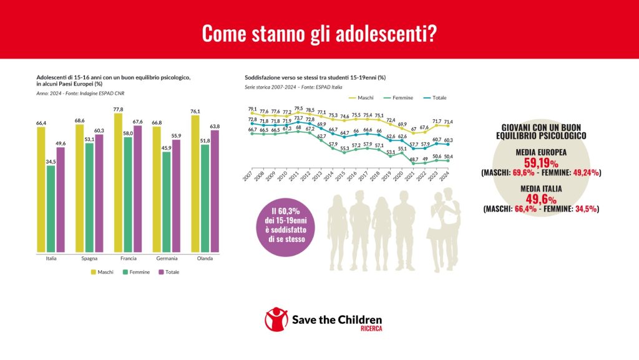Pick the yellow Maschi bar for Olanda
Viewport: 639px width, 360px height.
pyautogui.click(x=196, y=183)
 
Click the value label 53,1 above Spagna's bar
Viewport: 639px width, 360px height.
pyautogui.click(x=89, y=139)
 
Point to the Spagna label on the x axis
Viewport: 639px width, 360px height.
pyautogui.click(x=89, y=258)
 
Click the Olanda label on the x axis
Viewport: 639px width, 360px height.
pyautogui.click(x=205, y=258)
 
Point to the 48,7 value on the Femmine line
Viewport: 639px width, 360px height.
pyautogui.click(x=413, y=159)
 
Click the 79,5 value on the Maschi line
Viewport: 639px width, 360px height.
pyautogui.click(x=299, y=108)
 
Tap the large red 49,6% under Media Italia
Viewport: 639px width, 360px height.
pyautogui.click(x=540, y=198)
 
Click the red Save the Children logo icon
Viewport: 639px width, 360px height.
pyautogui.click(x=276, y=319)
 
